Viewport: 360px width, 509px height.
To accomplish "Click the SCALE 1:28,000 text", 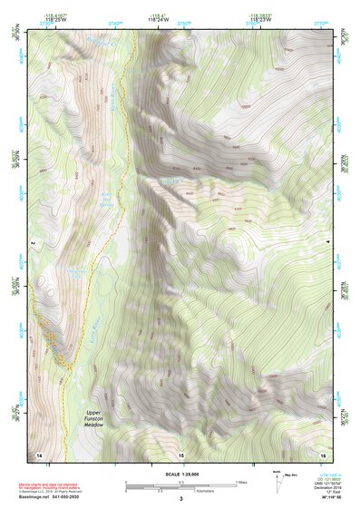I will (180, 472).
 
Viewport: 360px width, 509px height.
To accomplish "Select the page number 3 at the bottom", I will (180, 499).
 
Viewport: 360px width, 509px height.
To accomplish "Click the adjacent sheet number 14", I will (39, 454).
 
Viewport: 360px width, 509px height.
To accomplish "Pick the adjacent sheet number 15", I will (180, 454).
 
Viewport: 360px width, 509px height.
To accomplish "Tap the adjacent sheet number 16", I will (322, 454).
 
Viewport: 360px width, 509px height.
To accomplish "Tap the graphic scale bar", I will (180, 485).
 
